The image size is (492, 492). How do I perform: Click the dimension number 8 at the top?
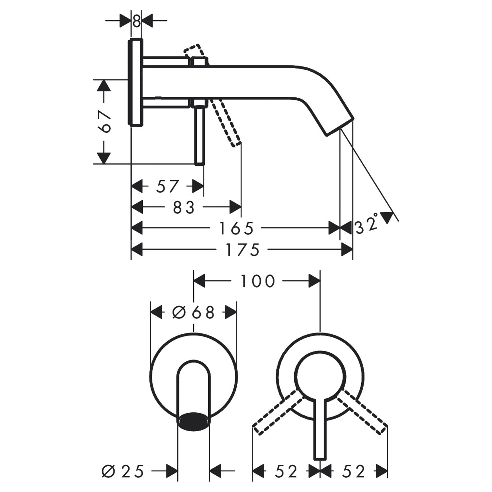136,21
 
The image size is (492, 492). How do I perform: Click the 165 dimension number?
236,229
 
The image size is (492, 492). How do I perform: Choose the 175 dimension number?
243,249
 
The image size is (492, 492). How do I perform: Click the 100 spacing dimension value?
258,281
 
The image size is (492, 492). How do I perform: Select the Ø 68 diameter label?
194,312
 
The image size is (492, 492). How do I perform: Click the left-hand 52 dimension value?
286,471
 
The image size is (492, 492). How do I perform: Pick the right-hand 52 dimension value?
354,471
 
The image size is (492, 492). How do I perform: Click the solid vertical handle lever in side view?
200,136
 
